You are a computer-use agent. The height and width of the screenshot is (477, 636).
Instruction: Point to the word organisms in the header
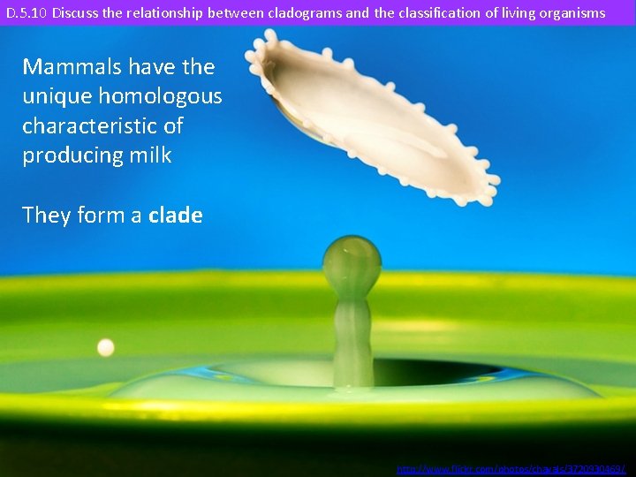[x=573, y=13]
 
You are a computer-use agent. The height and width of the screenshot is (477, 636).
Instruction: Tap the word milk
[x=150, y=155]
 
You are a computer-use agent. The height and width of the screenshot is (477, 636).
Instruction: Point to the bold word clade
[x=176, y=215]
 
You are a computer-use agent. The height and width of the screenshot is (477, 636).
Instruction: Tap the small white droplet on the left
[x=106, y=348]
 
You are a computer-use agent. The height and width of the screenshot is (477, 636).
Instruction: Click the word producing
[x=72, y=155]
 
